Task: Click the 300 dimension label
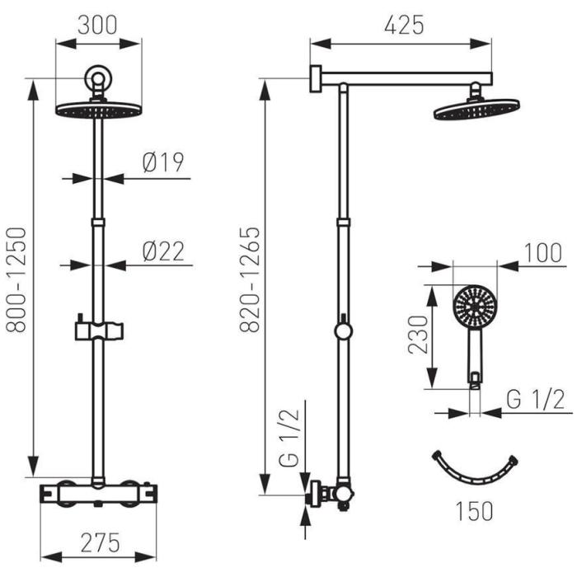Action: point(97,25)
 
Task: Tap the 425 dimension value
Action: point(404,25)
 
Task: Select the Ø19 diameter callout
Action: point(163,162)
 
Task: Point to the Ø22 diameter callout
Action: point(163,251)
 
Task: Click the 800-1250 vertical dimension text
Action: point(17,280)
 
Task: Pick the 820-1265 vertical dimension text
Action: point(250,280)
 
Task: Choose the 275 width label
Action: point(100,542)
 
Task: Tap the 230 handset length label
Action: point(419,335)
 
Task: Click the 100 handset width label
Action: point(542,253)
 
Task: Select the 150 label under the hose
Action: point(474,511)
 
